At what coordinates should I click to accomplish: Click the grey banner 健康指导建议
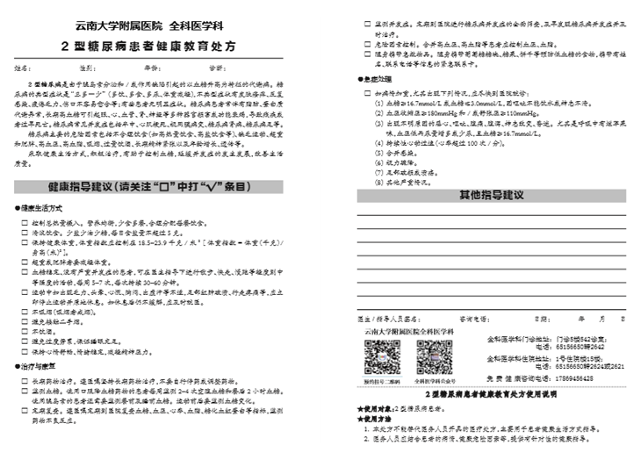(x=163, y=212)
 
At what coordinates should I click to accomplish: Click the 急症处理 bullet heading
(x=376, y=79)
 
